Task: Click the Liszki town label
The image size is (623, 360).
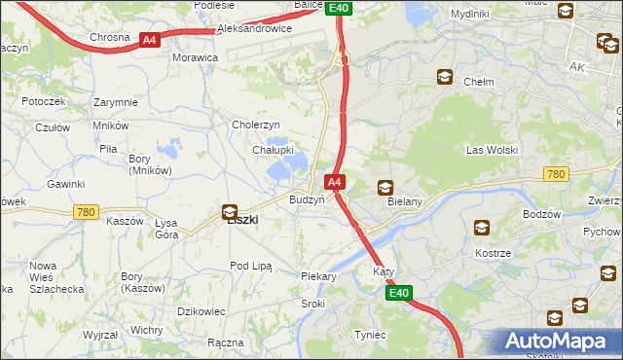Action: point(242,220)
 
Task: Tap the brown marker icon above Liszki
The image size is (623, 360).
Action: point(230,211)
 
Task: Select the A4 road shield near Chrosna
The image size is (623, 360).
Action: point(148,40)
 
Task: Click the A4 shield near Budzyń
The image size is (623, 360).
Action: point(334,182)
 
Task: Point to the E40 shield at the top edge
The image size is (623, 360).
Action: point(338,8)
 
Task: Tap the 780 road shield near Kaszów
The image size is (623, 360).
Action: point(86,211)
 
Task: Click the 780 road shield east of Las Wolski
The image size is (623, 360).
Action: point(556,174)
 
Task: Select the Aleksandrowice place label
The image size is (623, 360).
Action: point(254,29)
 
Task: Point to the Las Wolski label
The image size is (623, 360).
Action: point(492,150)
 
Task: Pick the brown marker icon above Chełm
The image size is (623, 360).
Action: point(445,77)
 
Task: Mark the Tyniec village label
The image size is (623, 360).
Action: point(369,335)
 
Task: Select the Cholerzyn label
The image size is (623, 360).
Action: point(256,125)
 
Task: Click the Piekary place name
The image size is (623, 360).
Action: point(318,276)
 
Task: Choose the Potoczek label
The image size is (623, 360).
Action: point(43,101)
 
